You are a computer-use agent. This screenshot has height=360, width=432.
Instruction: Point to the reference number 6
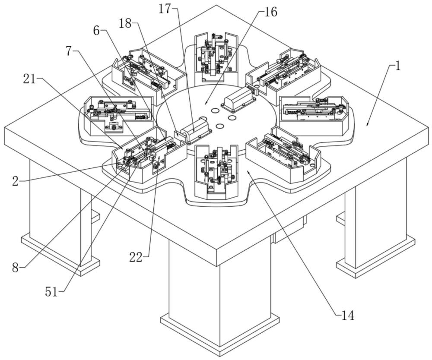tap(97, 30)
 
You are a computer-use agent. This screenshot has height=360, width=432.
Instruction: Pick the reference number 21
tap(29, 78)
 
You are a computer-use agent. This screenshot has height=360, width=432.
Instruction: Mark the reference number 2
tap(15, 181)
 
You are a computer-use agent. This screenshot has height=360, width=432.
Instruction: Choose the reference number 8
tap(16, 268)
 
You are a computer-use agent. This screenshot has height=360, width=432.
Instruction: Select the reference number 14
tap(348, 316)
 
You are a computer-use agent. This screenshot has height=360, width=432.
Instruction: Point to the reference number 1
tap(398, 66)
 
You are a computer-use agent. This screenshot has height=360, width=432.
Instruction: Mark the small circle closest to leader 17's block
tap(219, 126)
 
